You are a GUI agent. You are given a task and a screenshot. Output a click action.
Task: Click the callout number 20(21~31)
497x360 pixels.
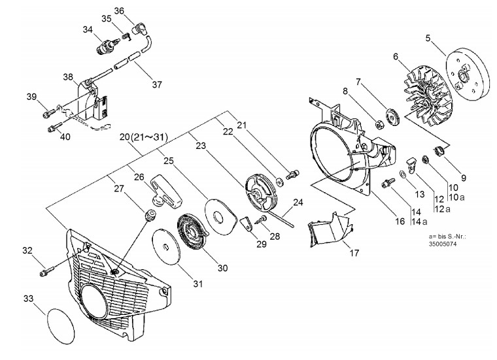tap(144, 137)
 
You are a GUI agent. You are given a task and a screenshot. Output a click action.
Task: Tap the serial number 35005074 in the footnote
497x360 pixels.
tap(443, 244)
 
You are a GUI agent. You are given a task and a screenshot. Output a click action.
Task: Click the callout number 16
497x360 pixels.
tap(400, 221)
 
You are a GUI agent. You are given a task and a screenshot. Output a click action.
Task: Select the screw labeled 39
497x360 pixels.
tap(47, 112)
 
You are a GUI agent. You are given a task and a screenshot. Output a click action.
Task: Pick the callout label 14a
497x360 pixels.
tap(419, 221)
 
